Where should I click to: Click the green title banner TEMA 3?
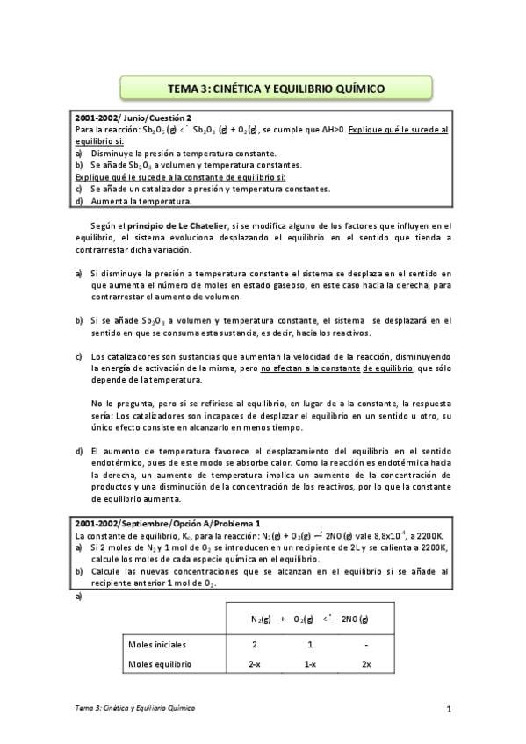pyautogui.click(x=276, y=88)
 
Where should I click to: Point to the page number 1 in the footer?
pyautogui.click(x=448, y=709)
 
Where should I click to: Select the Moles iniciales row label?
pyautogui.click(x=158, y=645)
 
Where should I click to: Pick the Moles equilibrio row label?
pyautogui.click(x=160, y=665)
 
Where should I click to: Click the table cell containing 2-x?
pyautogui.click(x=254, y=665)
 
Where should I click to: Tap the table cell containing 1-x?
pyautogui.click(x=310, y=665)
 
